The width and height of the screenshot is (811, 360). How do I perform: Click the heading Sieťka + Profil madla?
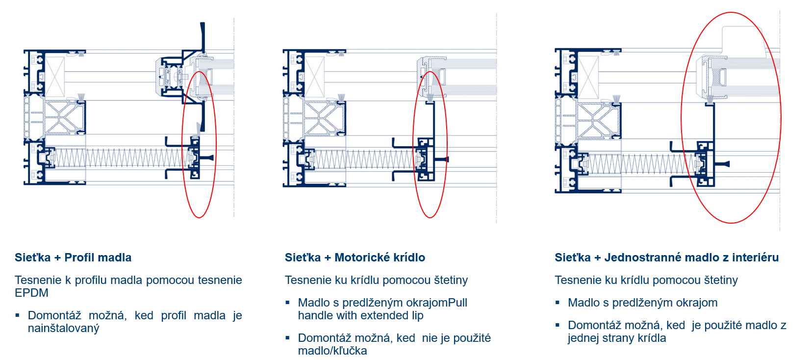[x=73, y=257]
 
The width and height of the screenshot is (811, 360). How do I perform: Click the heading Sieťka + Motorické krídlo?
[x=355, y=257]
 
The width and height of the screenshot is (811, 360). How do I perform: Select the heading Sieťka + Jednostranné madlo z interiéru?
[x=666, y=257]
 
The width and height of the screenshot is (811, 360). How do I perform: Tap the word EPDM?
[x=31, y=293]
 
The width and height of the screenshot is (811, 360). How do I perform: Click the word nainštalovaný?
[x=64, y=328]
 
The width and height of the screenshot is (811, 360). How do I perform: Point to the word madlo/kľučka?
[x=332, y=351]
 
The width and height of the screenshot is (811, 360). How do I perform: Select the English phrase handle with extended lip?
[x=360, y=315]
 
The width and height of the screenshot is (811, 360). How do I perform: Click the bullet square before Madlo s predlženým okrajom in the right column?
[x=558, y=303]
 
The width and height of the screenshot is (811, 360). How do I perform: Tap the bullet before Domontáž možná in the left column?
[x=17, y=315]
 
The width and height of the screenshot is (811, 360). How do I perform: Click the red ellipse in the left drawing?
[x=199, y=145]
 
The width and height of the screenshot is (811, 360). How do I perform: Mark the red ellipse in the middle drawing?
[x=430, y=145]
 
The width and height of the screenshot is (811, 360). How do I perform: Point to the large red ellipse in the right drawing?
[x=731, y=118]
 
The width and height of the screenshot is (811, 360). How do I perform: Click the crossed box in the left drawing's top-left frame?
[x=54, y=77]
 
